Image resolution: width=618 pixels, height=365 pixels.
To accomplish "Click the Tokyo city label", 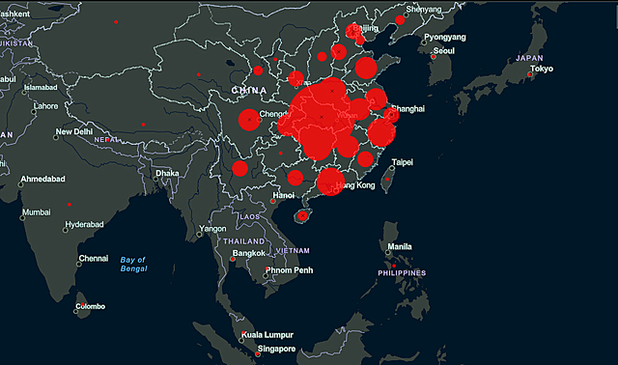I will click(541, 70).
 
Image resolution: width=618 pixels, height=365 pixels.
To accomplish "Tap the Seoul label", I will click(444, 51).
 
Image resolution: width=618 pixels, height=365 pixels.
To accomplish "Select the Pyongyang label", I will click(444, 37).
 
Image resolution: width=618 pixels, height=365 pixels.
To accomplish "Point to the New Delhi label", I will click(74, 132).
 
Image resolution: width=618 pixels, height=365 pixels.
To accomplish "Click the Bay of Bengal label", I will click(133, 265).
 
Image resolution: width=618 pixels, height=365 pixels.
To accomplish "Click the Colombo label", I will click(92, 307).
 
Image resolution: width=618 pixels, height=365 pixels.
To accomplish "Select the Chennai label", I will click(94, 258).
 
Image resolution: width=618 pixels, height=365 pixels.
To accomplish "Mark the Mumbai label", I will click(37, 211).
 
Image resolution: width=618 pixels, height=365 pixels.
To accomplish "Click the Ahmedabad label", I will click(42, 180).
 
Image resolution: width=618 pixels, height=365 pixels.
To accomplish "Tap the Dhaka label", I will click(167, 174).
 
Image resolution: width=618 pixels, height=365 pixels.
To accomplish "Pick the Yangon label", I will click(212, 229).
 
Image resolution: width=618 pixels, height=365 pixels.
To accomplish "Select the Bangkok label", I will click(248, 253).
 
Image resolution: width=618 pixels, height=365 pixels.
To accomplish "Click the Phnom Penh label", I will click(291, 270).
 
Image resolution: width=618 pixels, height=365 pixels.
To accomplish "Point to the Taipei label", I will click(402, 161).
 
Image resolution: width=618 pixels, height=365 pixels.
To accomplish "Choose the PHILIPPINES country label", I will click(401, 273).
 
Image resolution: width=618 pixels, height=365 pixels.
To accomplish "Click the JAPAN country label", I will click(530, 58).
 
